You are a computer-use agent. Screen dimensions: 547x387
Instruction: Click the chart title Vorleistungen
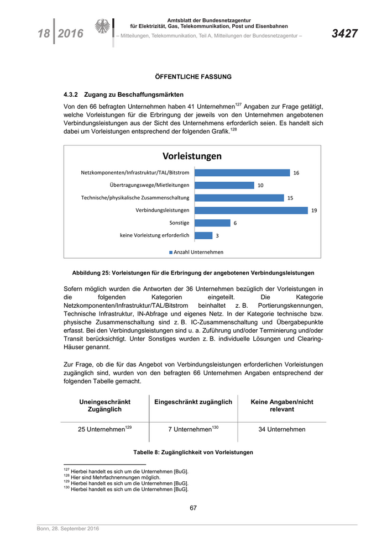pyautogui.click(x=192, y=156)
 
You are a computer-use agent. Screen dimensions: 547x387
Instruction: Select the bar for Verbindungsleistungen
pyautogui.click(x=252, y=210)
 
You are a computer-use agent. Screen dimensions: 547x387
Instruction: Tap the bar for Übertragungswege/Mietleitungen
pyautogui.click(x=224, y=185)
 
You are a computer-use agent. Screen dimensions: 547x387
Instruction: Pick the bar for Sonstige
pyautogui.click(x=213, y=223)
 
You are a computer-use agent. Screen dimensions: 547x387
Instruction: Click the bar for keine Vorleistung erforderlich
pyautogui.click(x=204, y=235)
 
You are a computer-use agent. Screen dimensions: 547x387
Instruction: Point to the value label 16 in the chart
pyautogui.click(x=296, y=173)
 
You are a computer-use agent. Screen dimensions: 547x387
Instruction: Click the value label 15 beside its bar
pyautogui.click(x=290, y=198)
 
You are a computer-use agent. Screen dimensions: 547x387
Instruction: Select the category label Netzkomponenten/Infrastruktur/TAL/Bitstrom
pyautogui.click(x=135, y=173)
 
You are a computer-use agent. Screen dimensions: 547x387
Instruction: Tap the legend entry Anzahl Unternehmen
pyautogui.click(x=196, y=252)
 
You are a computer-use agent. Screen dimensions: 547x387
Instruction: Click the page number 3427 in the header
pyautogui.click(x=344, y=34)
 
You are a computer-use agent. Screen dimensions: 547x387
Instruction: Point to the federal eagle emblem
pyautogui.click(x=102, y=27)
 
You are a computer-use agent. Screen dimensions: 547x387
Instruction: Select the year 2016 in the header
pyautogui.click(x=70, y=34)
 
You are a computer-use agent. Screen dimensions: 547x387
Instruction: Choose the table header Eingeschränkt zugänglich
pyautogui.click(x=193, y=402)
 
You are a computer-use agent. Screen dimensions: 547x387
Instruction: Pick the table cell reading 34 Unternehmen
pyautogui.click(x=282, y=429)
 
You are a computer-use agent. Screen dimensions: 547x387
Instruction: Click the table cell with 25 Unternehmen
pyautogui.click(x=104, y=429)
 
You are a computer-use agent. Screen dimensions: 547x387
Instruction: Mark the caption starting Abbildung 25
pyautogui.click(x=193, y=272)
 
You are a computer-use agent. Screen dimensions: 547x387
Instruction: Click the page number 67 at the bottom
pyautogui.click(x=193, y=508)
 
